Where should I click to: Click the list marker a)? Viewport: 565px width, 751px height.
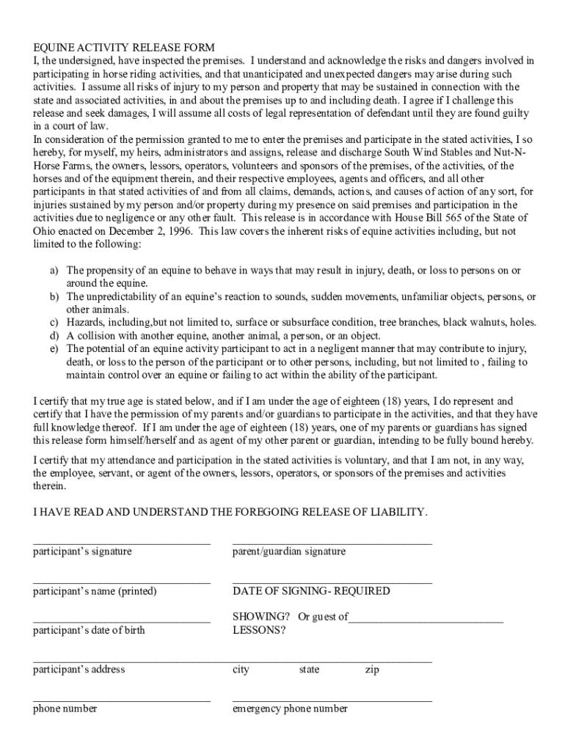54,271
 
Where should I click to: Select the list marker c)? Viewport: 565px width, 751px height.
54,323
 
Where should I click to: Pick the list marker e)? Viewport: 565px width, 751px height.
54,349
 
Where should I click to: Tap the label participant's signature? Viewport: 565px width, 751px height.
82,552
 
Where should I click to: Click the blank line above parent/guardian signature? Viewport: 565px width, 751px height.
332,543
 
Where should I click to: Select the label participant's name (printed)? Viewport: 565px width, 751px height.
95,591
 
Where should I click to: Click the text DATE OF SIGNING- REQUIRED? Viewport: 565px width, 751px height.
311,591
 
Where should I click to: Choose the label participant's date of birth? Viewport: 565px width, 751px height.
89,630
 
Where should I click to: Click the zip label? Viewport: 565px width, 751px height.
372,670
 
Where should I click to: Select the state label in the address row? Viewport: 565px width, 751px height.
309,670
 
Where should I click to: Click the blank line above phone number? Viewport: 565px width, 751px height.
122,700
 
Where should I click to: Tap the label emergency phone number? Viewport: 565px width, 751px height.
290,709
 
